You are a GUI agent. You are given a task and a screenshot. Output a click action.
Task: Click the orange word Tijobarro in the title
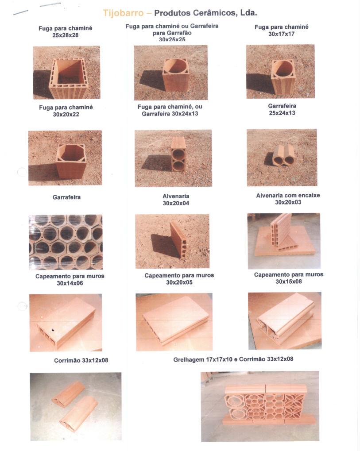coord(123,13)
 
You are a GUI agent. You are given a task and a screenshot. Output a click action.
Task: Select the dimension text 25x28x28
coord(66,35)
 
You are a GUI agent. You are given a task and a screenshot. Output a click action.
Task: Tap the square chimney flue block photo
coord(66,73)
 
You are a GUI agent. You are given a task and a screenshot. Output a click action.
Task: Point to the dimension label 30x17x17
coord(282,34)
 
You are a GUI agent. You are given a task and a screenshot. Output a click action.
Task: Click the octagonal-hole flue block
coord(71,161)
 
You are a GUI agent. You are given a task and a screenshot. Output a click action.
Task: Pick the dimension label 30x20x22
coord(66,115)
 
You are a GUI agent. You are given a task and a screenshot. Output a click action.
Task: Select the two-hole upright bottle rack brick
coord(178,154)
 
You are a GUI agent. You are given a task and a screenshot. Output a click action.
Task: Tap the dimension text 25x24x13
coord(282,113)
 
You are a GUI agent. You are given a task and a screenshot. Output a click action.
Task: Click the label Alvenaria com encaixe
coord(288,195)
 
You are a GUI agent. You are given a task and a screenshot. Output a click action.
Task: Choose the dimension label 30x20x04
coord(176,203)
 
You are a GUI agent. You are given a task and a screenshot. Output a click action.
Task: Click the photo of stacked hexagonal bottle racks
coord(66,242)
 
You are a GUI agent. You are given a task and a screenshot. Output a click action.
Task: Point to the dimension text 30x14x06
coord(70,283)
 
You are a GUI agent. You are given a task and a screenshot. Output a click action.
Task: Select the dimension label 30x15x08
coord(289,281)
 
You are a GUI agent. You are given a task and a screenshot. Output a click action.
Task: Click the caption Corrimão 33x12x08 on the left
coord(81,360)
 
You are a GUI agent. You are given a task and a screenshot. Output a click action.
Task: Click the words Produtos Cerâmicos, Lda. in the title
coord(205,13)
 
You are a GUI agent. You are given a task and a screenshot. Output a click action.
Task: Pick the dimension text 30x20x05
coord(179,282)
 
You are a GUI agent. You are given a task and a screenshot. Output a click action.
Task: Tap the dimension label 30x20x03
coord(288,202)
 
